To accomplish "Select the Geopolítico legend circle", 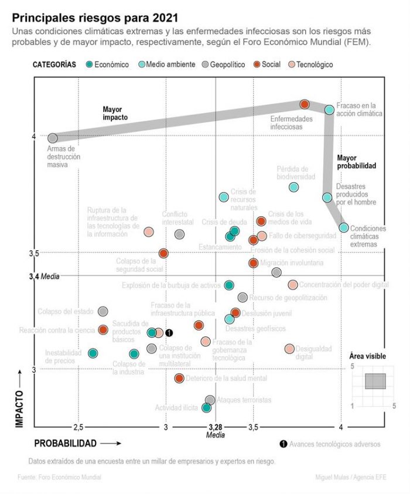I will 205,65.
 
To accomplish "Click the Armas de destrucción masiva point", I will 53,138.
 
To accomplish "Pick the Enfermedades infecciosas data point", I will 305,104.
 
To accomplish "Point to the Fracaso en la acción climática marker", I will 330,110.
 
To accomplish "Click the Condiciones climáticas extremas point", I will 344,227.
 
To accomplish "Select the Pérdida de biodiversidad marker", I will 294,187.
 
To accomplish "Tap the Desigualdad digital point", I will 289,349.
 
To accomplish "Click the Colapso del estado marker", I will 103,311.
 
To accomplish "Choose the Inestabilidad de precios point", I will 93,353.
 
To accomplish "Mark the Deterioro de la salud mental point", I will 179,378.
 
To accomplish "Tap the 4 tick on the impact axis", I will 34,137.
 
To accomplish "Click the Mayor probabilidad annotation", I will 356,162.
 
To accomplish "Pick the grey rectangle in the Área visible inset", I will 375,381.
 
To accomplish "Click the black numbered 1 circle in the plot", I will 169,333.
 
